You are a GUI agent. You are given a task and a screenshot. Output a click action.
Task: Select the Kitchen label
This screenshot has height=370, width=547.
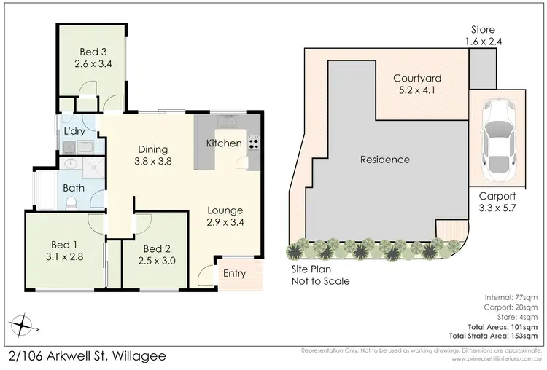point(224,143)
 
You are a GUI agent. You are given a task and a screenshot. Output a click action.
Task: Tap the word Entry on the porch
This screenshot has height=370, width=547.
point(233,274)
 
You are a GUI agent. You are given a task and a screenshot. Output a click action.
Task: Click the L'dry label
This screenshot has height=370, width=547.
point(74,131)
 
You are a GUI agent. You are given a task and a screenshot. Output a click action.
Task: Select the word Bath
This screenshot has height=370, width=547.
point(74,188)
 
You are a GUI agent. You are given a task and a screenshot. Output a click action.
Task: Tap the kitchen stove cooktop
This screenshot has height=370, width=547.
point(253,141)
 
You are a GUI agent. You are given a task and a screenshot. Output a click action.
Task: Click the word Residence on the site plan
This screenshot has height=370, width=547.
point(384,160)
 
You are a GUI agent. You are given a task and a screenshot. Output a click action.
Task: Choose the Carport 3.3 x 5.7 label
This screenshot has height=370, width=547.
point(498,202)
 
